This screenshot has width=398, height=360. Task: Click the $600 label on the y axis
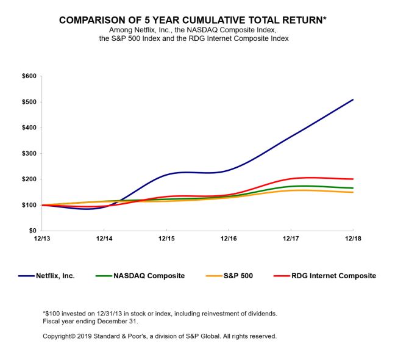pos(28,76)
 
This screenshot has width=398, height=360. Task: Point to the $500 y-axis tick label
pos(28,102)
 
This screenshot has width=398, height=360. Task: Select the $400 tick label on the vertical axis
pos(28,128)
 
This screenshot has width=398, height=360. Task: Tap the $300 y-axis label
pos(28,154)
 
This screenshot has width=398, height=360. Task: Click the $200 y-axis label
pos(28,179)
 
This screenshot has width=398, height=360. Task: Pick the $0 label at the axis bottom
pos(32,231)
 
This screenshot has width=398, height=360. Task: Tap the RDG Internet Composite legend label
pos(336,276)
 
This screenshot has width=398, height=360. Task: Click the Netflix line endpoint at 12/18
pos(353,99)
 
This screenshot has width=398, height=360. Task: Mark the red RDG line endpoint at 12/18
pos(353,179)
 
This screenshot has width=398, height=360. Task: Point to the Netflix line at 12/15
pos(166,175)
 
